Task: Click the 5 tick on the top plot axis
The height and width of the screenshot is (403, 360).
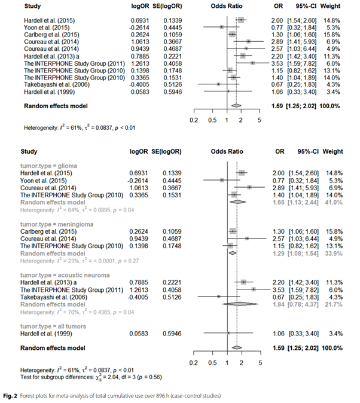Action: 260,120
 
